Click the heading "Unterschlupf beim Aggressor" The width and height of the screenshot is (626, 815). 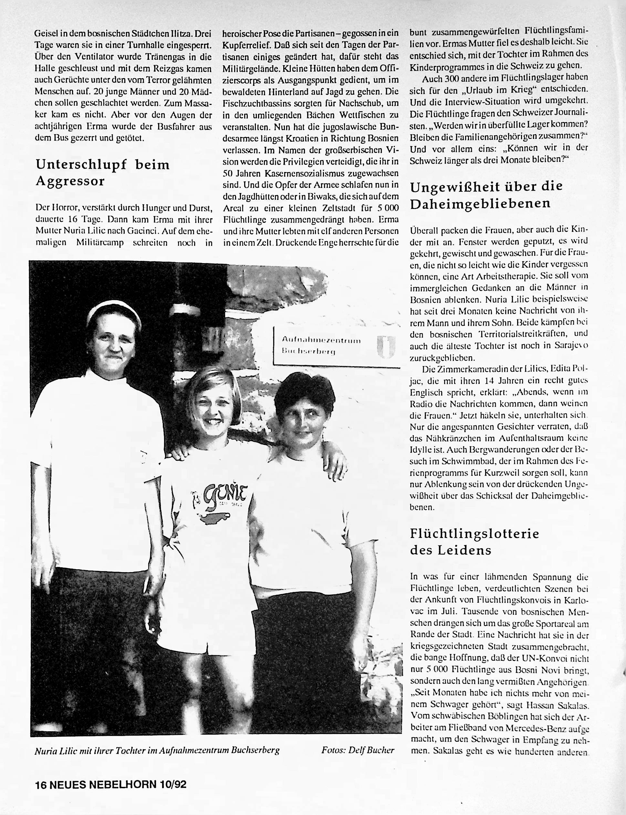click(x=102, y=173)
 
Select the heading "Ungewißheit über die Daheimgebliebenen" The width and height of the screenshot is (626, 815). click(x=486, y=195)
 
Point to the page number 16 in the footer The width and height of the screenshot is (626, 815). click(x=41, y=785)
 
